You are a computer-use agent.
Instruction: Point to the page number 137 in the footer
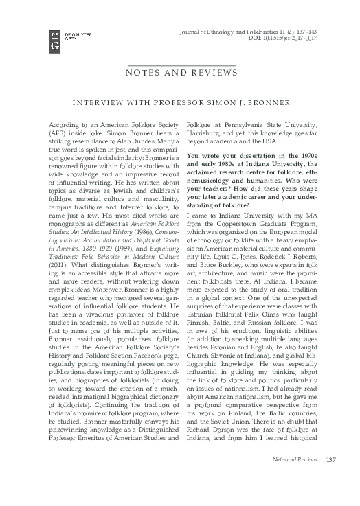coord(330,479)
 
